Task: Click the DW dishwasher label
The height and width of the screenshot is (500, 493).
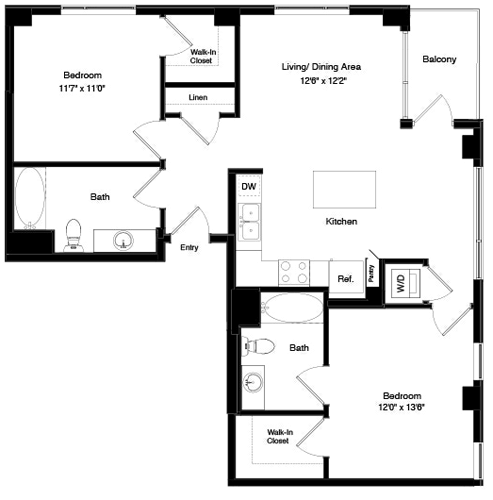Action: [x=248, y=186]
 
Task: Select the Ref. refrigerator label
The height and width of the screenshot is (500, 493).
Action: [x=346, y=278]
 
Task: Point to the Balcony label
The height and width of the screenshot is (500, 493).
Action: [x=439, y=60]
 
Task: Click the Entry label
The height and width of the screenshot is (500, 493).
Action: [x=189, y=247]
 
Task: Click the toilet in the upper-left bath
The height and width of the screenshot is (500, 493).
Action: [x=72, y=235]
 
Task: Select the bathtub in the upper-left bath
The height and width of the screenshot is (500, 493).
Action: [x=29, y=196]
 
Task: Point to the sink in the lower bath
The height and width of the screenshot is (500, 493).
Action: [x=253, y=384]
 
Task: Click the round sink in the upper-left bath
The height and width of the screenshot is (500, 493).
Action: [x=123, y=240]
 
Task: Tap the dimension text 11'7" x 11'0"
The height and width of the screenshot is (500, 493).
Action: [x=84, y=89]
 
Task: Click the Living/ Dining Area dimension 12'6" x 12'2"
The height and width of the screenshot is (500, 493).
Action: [x=320, y=81]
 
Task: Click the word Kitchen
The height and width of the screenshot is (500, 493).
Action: [x=341, y=221]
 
